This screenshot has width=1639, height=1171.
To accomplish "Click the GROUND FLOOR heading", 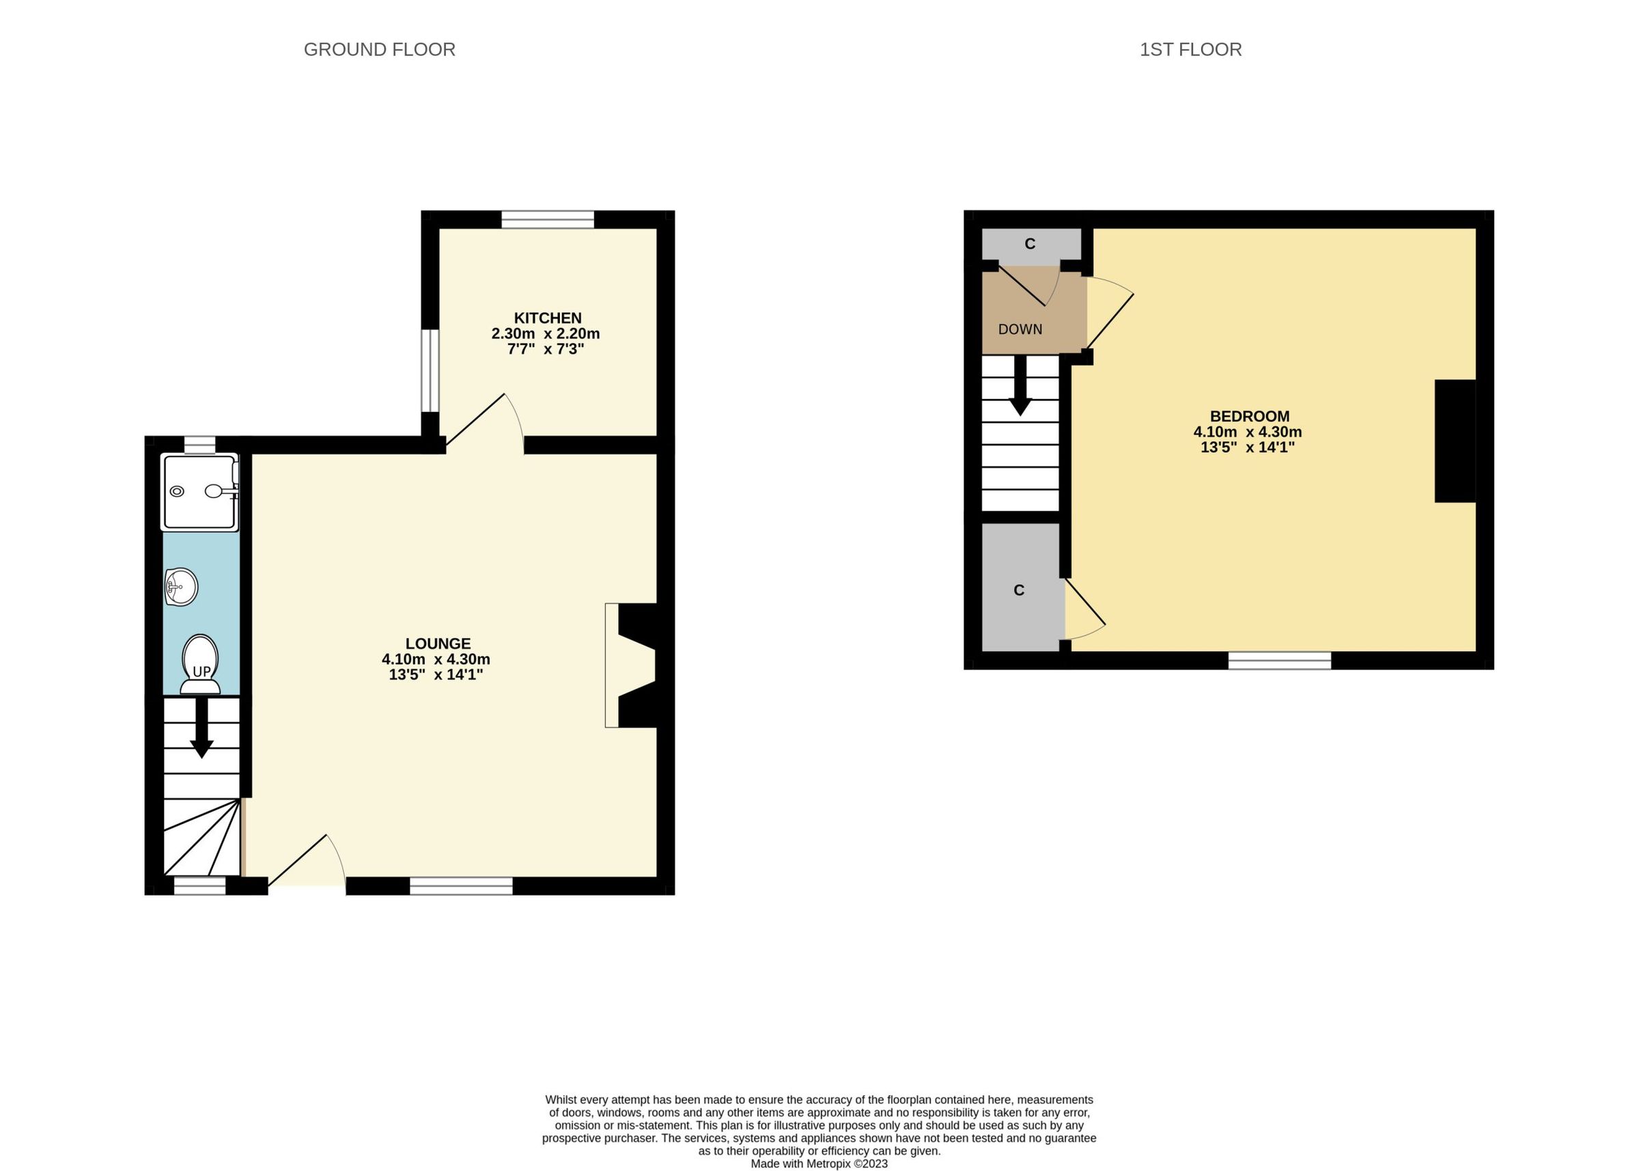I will pos(379,49).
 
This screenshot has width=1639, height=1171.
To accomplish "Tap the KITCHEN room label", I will pos(547,318).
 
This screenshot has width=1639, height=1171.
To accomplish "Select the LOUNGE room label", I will pos(438,643).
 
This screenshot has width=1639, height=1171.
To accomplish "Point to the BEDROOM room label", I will pos(1249,416).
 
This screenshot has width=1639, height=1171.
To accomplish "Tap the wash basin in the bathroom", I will pos(181,587).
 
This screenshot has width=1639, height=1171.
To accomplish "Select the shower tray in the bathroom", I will pos(200,492).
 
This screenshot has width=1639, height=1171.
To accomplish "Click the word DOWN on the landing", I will pos(1020,329).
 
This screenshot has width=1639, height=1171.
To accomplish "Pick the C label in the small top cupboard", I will pos(1030,244).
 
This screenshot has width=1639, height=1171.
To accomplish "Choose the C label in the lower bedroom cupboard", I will pos(1019,590).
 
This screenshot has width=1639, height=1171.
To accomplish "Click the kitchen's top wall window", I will pos(548,219).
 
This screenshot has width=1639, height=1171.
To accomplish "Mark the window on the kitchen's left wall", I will pos(430,370).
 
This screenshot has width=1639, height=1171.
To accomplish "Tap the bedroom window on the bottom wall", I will pos(1279,661).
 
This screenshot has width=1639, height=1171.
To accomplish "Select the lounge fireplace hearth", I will pos(612,665).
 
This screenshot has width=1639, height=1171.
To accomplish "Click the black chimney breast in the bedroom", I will pos(1455,441).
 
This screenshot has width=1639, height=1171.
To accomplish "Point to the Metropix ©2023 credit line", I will pos(819,1163).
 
